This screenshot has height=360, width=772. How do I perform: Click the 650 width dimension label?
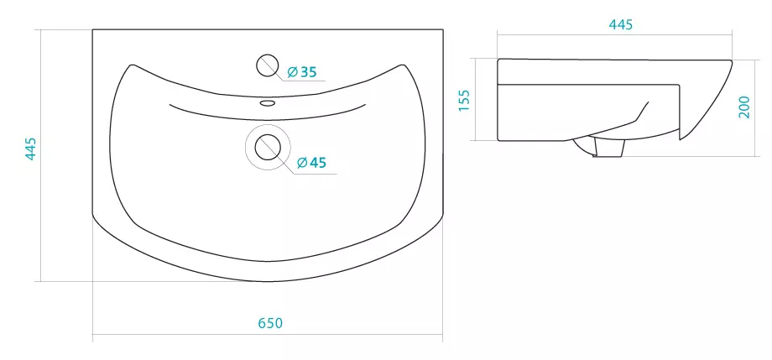coord(270,323)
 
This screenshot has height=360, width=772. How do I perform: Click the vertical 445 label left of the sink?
coord(30,149)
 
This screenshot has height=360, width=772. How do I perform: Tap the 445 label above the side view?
coord(621,24)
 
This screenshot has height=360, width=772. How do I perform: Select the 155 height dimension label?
coord(464,101)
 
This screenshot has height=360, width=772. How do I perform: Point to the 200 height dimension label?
coord(744,107)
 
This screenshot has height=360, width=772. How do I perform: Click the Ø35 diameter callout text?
coord(301,72)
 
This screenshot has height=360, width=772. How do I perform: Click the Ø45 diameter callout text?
coord(311,162)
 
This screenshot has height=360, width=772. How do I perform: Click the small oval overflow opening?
coord(268,103)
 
